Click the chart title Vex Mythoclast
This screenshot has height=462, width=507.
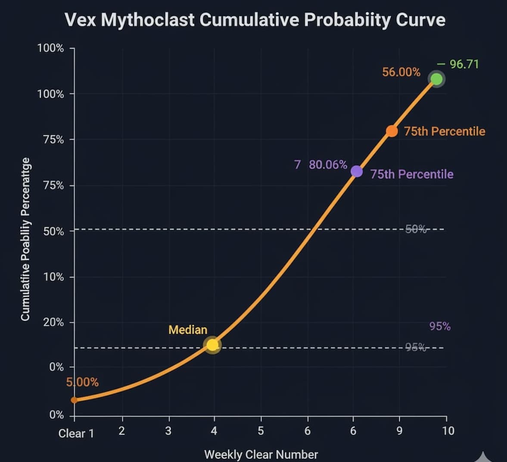click(x=255, y=20)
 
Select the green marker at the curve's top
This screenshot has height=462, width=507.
click(x=436, y=79)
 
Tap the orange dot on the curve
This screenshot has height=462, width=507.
click(x=392, y=131)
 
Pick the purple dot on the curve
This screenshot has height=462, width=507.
click(x=357, y=172)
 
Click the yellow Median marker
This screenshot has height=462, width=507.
click(x=212, y=345)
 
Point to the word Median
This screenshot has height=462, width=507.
click(x=188, y=330)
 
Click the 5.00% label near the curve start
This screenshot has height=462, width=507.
click(x=82, y=382)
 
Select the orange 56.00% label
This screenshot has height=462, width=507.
click(x=401, y=72)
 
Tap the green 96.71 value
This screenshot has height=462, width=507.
click(x=463, y=64)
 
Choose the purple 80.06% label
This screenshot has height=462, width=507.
click(x=328, y=165)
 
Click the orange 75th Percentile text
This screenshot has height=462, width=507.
click(x=445, y=131)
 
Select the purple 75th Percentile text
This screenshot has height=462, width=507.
click(x=412, y=174)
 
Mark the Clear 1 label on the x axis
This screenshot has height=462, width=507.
click(x=76, y=434)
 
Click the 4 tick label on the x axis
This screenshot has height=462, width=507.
click(x=214, y=431)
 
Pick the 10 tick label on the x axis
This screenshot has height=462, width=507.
click(x=448, y=431)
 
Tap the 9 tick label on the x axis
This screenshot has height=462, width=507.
click(x=399, y=431)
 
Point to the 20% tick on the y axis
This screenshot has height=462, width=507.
click(x=53, y=322)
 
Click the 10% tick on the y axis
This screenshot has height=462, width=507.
click(x=53, y=277)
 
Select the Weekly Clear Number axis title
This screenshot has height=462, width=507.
click(x=261, y=454)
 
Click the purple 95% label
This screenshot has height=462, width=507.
click(x=440, y=327)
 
